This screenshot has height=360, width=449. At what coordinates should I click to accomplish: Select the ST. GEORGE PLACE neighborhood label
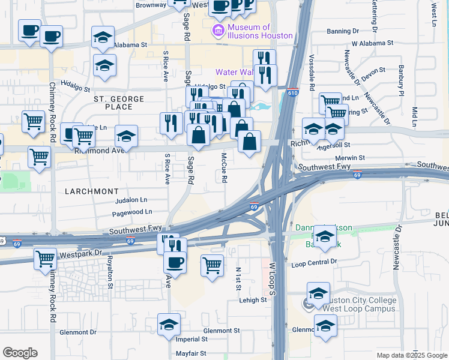[x=119, y=103]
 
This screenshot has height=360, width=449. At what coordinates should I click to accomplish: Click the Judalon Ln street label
[x=131, y=200]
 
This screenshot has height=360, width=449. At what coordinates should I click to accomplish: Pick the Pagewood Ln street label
[x=132, y=212]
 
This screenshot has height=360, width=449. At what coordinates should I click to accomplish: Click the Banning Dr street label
[x=342, y=31]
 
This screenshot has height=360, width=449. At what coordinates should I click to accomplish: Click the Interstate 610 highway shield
[x=292, y=93]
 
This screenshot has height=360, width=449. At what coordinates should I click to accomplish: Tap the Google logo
[x=20, y=353]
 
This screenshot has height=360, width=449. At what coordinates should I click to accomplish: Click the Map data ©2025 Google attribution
[x=412, y=355]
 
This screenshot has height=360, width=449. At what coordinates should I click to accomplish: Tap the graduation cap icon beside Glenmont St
[x=169, y=325]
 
